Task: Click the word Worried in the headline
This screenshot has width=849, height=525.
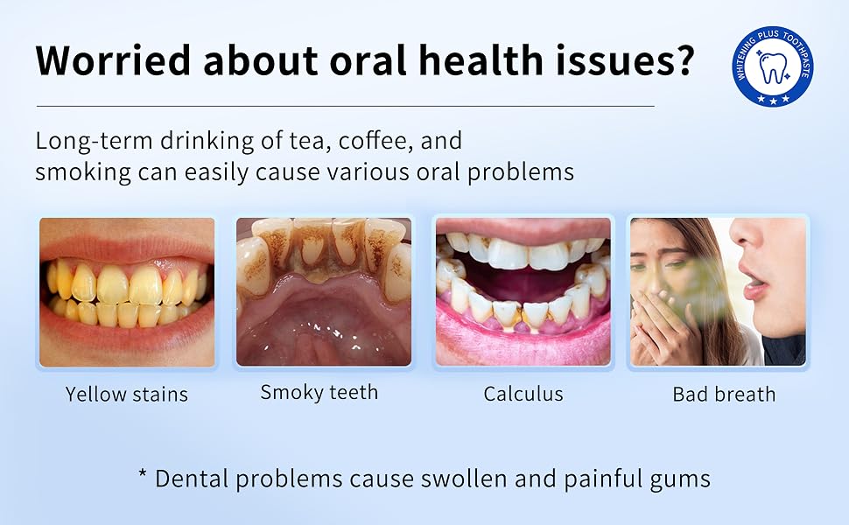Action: point(113,59)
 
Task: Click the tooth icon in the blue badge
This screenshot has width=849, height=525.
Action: point(773,67)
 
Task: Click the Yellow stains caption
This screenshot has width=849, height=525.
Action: point(127,394)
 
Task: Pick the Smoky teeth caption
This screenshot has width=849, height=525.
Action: point(319,392)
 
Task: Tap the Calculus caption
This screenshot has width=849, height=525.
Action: point(523,394)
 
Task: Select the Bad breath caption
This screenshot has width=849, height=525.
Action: point(724,394)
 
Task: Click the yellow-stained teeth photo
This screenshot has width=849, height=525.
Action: point(127,292)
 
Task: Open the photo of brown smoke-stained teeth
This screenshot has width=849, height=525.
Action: point(324,292)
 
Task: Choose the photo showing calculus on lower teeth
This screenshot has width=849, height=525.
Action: point(523,292)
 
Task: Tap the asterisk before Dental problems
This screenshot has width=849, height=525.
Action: point(143,473)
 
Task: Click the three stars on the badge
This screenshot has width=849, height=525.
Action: point(773,99)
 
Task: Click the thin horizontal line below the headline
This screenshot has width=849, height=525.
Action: point(346,106)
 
